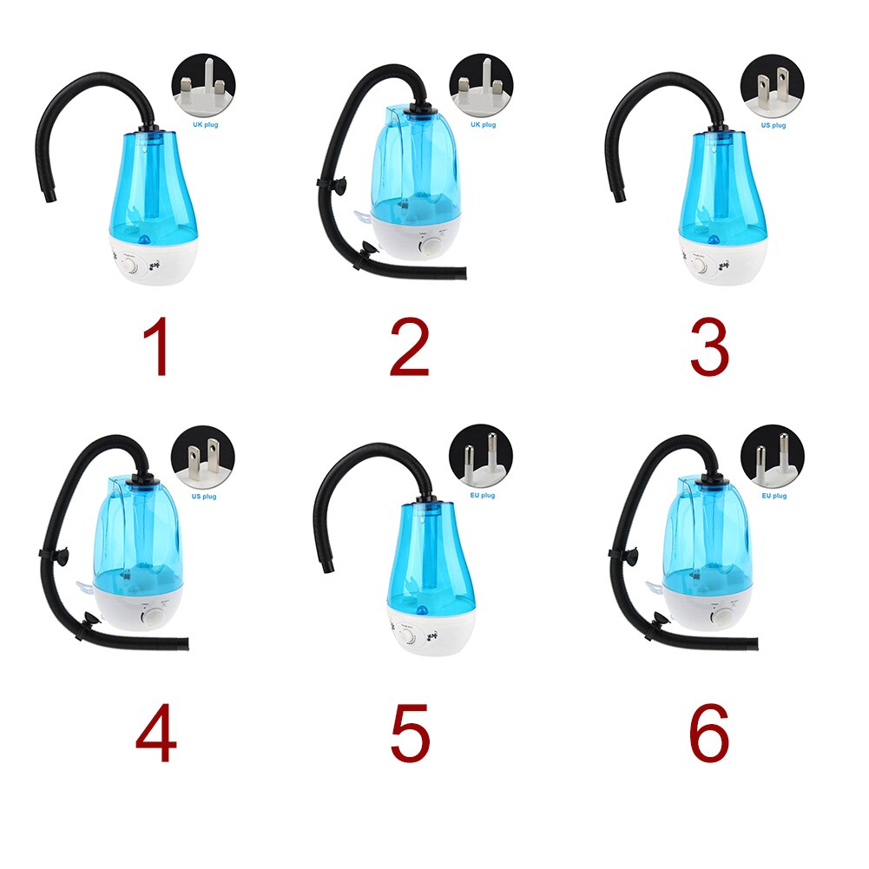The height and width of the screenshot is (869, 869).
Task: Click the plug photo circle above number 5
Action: pos(481,457)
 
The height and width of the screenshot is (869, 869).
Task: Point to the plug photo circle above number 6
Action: pos(772,457)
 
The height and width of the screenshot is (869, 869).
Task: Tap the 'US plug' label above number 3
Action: pos(773,126)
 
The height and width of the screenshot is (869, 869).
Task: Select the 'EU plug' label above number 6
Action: pos(773,496)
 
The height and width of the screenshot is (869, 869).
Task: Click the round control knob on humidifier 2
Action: pos(431,247)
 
